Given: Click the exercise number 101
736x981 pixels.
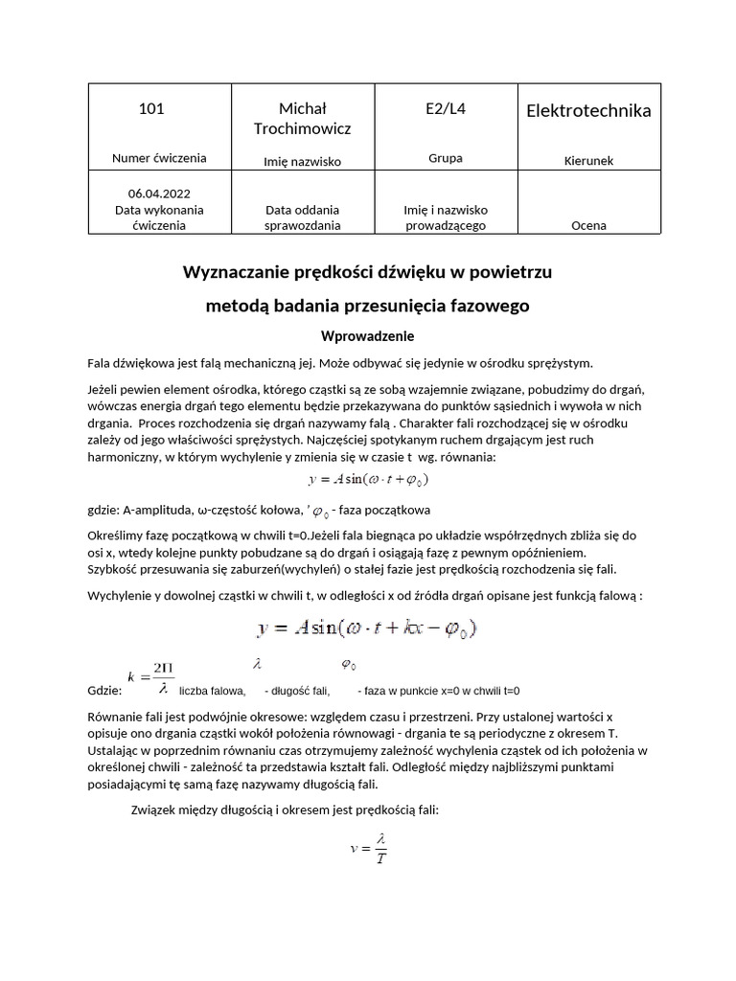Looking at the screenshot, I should click(151, 109).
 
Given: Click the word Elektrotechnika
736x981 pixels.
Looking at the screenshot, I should click(588, 111).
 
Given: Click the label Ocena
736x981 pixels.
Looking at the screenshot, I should click(588, 225).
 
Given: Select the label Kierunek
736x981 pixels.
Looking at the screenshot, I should click(588, 162).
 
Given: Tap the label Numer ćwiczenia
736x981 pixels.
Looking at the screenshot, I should click(159, 158).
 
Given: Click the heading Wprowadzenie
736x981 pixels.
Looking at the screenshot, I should click(367, 336).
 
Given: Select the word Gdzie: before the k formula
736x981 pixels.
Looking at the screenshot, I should click(103, 691).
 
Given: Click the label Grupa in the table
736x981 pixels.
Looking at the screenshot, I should click(445, 158).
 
